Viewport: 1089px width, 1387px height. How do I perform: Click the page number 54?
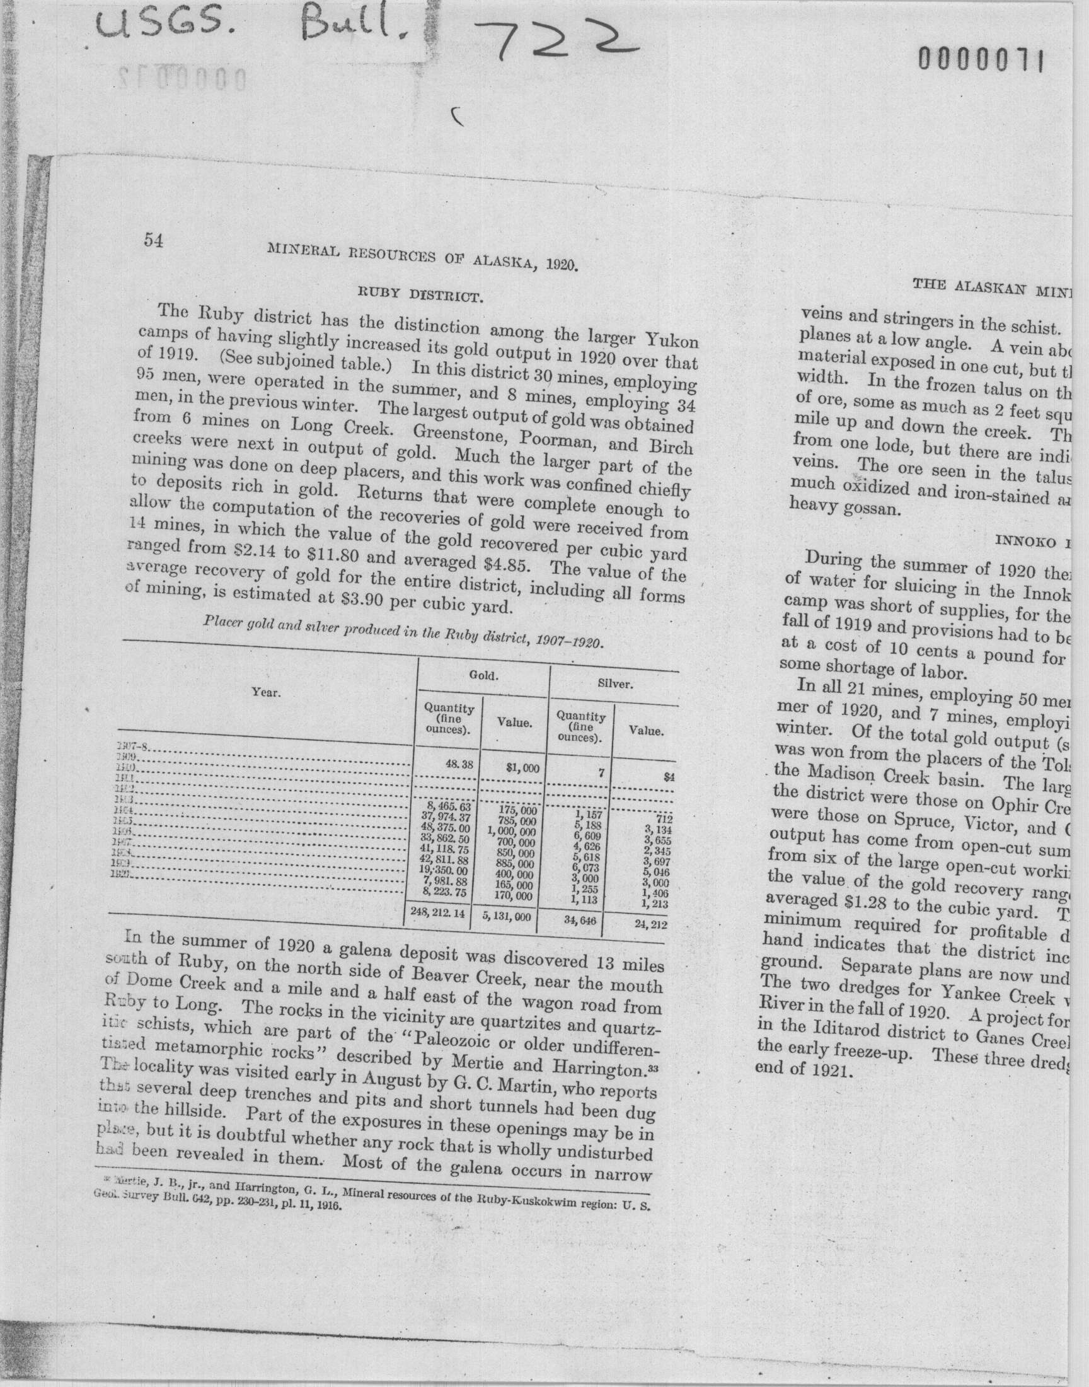[x=154, y=240]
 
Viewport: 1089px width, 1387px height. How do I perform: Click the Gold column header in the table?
[x=484, y=675]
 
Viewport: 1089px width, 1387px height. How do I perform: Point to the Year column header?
[x=266, y=692]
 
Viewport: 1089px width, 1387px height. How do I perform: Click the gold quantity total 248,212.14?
[x=438, y=912]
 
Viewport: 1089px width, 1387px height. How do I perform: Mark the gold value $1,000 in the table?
[x=522, y=769]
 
